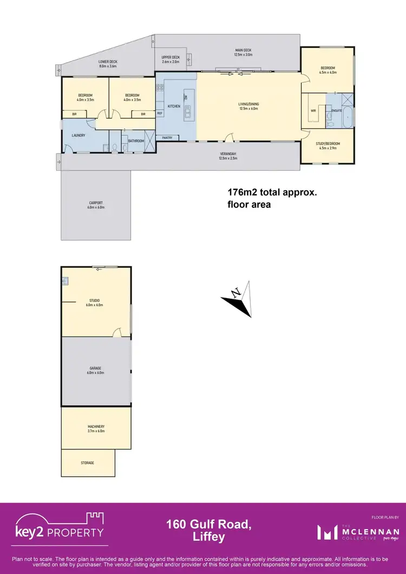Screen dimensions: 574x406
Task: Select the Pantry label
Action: [x=167, y=138]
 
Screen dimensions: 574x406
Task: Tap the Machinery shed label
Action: [x=96, y=428]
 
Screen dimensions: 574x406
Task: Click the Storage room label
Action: [x=88, y=463]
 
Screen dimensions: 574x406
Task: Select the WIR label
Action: [x=313, y=110]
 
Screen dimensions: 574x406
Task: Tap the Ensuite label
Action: [x=336, y=110]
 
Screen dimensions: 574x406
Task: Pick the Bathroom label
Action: [x=136, y=141]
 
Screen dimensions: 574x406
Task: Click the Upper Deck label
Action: [x=171, y=58]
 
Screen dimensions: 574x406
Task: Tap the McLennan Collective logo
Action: [x=358, y=532]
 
